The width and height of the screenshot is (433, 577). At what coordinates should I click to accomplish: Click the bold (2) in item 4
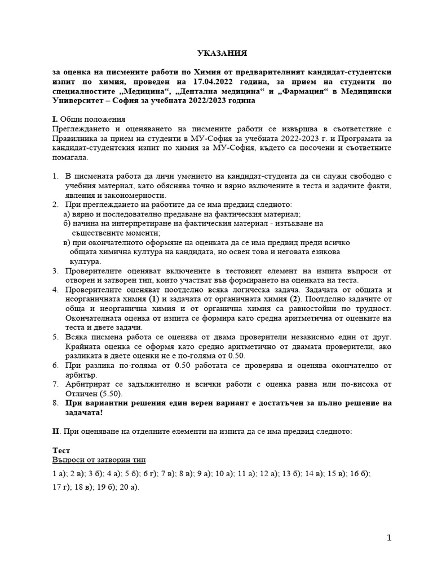coord(297,299)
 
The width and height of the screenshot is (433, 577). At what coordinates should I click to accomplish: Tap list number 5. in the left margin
coord(55,337)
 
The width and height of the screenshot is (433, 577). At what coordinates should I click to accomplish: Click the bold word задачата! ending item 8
coord(85,413)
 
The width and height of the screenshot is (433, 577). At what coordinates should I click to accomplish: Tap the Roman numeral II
coord(56,431)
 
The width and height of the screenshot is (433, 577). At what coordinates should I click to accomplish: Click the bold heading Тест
coord(61,451)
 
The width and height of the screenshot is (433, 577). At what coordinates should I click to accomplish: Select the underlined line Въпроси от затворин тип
coord(99,460)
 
